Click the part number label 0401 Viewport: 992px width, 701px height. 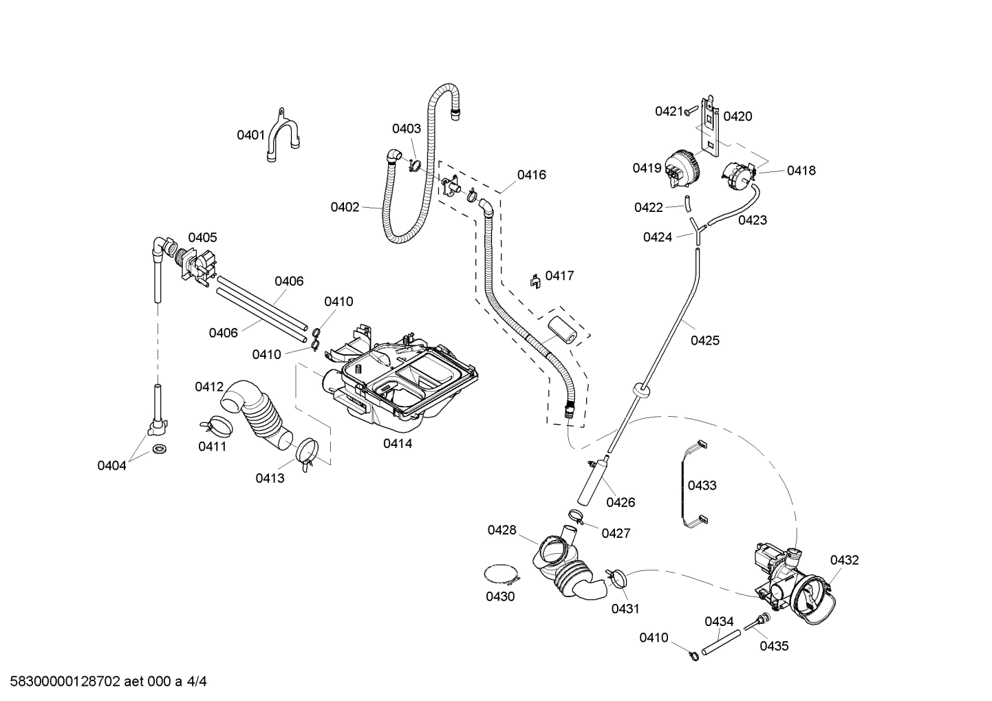(x=250, y=135)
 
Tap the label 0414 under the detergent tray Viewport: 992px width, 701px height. (x=398, y=444)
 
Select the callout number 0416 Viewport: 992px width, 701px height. (x=532, y=175)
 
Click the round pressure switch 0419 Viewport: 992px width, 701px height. (x=681, y=167)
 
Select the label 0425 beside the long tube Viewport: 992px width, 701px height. (x=705, y=340)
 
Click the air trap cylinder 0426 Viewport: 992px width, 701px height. (x=590, y=481)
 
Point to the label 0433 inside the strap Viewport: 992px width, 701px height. (x=702, y=486)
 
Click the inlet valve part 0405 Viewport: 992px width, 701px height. (x=196, y=265)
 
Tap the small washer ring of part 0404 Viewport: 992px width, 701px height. (x=160, y=450)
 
